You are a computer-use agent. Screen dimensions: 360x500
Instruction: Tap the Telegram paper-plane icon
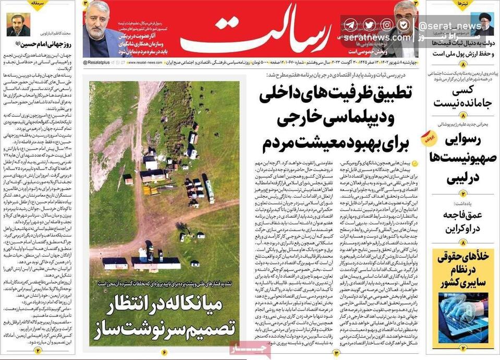click(x=350, y=25)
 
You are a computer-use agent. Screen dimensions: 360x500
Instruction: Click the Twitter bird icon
click(x=369, y=25)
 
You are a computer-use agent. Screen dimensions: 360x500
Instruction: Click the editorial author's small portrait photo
click(x=18, y=25)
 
